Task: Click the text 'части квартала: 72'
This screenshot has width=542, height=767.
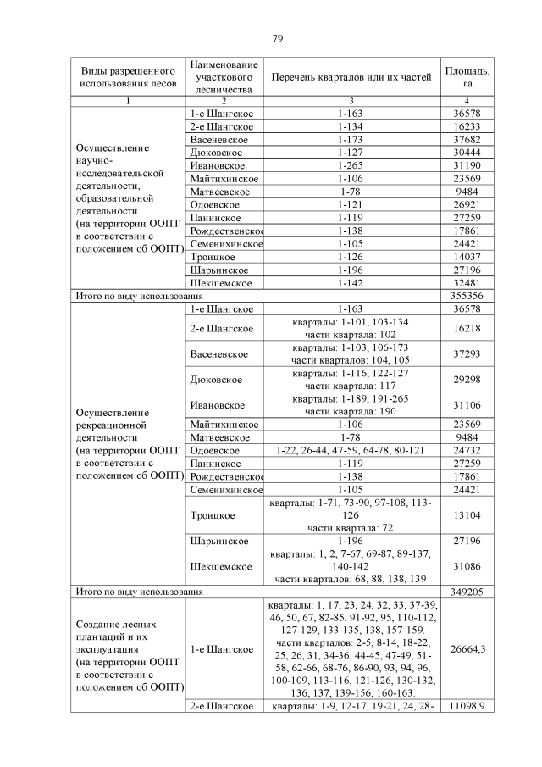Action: (x=350, y=527)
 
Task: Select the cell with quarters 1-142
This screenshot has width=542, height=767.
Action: (x=350, y=283)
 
